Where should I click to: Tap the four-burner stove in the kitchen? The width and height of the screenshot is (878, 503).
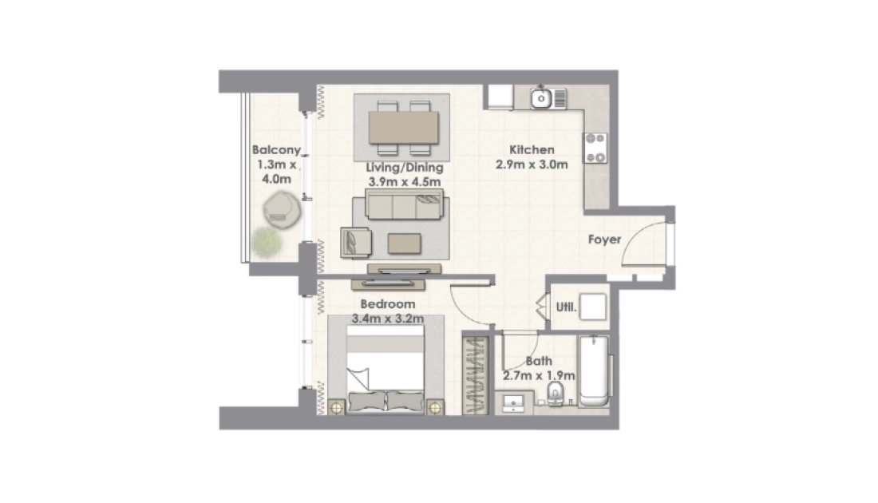pos(595,148)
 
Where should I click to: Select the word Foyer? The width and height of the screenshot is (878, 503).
pos(604,240)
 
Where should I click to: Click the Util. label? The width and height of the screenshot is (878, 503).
pos(566,307)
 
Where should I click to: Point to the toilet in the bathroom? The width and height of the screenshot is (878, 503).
pos(555,394)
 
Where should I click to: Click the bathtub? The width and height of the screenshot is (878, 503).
pos(594,370)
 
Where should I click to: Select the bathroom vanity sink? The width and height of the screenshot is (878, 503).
pos(513,403)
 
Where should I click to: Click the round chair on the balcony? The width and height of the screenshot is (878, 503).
pos(283,209)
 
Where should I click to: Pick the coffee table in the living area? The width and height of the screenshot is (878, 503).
pos(405,244)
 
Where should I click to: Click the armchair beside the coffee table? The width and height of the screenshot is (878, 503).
pos(355,242)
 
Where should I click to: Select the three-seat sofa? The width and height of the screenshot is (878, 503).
pos(404,204)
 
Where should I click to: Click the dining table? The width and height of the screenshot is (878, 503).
pos(404,128)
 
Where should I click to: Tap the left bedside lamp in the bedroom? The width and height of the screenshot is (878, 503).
pos(336,407)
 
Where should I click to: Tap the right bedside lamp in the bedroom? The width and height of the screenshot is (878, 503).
pos(435,407)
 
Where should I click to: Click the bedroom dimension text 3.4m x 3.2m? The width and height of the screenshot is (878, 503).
pos(387,319)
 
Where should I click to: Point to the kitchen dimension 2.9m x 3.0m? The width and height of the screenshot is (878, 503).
pos(532,164)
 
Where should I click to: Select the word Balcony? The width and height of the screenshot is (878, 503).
pos(276,150)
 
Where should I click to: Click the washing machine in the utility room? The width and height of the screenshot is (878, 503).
pos(592,307)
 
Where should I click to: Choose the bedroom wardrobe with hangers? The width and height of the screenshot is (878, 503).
pos(476,375)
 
